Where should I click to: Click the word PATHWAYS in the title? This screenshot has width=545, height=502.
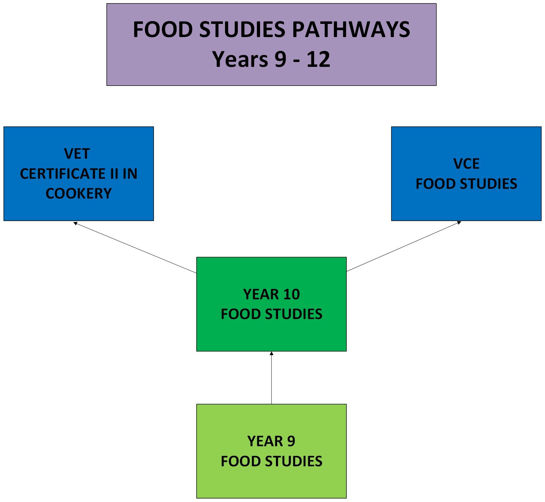coord(351,29)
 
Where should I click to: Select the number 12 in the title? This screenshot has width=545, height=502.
coord(318,60)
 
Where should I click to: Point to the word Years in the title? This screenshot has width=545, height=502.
coord(240,60)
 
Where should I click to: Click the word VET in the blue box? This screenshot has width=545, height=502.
coord(77,154)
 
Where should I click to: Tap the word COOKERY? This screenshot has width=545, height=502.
coord(79,194)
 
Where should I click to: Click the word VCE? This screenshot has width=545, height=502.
coord(466,164)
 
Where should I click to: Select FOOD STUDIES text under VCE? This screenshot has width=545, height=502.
coord(466,184)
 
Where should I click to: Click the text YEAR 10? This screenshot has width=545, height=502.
coord(271,294)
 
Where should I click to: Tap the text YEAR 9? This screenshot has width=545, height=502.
coord(271,441)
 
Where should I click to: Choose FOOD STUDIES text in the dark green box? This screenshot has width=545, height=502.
coord(271,314)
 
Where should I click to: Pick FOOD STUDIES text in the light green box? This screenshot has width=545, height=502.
coord(271,461)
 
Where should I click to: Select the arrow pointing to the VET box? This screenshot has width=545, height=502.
coord(135,247)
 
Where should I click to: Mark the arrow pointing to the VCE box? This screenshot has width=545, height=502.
coord(404,246)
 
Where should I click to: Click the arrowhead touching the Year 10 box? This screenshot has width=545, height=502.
coord(271,353)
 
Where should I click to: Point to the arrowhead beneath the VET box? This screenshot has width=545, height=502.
coord(75,223)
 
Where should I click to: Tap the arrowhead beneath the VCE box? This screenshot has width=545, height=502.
coord(459,223)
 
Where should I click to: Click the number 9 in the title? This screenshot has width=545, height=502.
coord(280,60)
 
